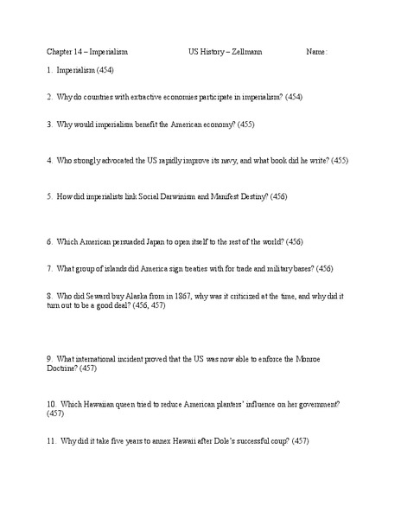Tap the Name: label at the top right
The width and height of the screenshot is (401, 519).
(x=317, y=52)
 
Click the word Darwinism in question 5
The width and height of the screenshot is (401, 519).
(x=169, y=197)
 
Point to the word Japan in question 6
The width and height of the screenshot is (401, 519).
(x=154, y=240)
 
